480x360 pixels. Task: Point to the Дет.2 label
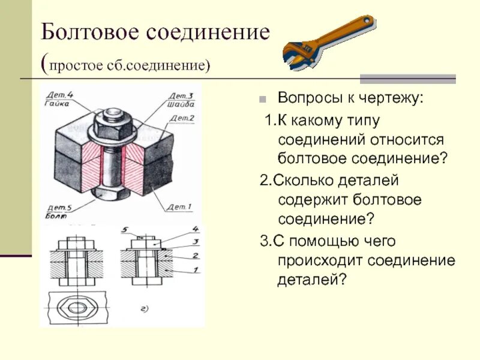[x=185, y=118]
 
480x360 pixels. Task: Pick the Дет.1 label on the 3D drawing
[x=179, y=207]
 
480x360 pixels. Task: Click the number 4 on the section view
[x=196, y=229]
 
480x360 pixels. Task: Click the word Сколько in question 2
[x=301, y=180]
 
